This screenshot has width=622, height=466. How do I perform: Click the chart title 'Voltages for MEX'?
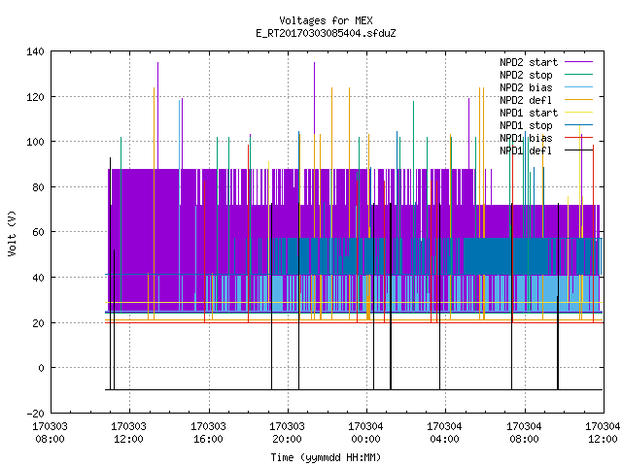326,20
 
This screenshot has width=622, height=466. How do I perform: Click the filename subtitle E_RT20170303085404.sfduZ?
326,33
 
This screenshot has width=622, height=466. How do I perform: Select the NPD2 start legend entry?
546,62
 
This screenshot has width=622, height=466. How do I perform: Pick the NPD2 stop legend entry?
546,75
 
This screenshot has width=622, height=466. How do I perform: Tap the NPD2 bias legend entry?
546,87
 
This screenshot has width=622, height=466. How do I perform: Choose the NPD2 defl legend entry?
546,100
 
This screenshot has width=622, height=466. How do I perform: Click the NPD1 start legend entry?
546,113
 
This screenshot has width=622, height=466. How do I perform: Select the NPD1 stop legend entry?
546,125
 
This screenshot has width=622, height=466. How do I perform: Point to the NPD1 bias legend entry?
546,138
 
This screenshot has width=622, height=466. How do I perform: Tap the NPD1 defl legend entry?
546,151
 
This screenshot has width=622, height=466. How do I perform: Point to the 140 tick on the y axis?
35,51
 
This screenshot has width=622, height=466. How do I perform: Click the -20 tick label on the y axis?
35,414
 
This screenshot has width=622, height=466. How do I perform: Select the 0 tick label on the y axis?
41,368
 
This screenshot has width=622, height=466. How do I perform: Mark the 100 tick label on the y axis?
35,142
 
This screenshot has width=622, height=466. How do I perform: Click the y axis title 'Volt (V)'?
12,233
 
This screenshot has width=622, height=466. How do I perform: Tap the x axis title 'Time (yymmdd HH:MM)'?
326,457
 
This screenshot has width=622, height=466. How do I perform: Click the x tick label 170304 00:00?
365,433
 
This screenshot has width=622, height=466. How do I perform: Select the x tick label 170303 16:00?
208,433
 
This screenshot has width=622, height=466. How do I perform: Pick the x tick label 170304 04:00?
445,433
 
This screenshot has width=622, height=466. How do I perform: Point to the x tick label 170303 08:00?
50,433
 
